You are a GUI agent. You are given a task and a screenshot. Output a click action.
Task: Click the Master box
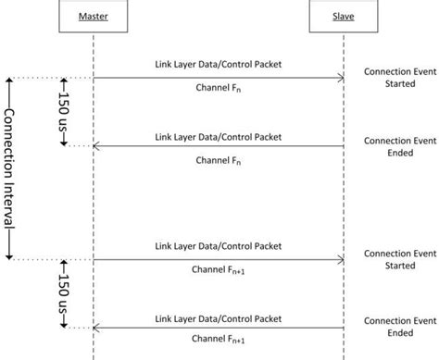(x=94, y=17)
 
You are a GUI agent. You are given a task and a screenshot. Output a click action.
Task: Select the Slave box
(x=344, y=17)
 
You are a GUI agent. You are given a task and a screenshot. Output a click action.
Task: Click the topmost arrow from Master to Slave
(x=219, y=78)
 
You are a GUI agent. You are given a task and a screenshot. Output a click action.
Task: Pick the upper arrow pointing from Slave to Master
(x=219, y=146)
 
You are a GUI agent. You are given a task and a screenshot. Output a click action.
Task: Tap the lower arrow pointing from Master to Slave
(x=219, y=259)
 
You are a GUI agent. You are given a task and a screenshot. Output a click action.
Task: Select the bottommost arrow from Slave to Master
(x=219, y=327)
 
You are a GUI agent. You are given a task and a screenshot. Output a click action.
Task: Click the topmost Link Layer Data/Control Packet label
(x=219, y=66)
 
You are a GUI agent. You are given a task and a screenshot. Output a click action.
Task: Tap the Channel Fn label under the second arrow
(x=219, y=159)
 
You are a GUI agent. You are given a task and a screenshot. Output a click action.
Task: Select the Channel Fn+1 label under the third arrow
(x=219, y=272)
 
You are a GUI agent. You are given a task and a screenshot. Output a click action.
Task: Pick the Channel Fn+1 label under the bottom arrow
(x=219, y=341)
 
